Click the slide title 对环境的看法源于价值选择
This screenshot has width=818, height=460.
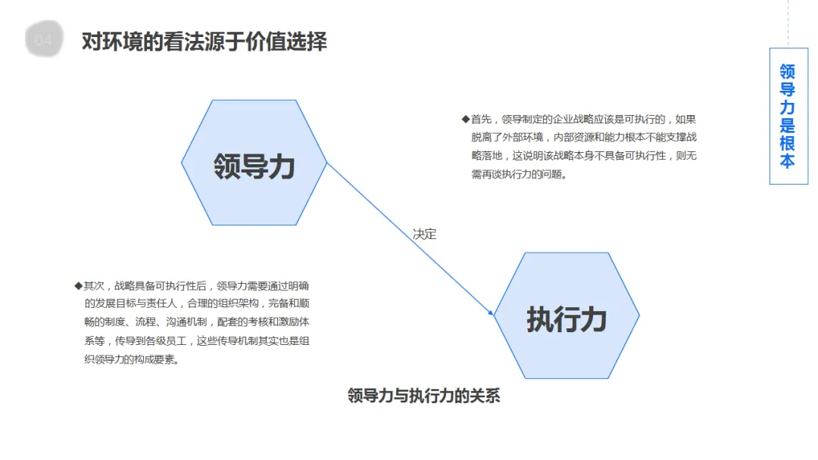pyautogui.click(x=204, y=41)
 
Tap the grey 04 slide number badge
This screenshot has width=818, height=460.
pyautogui.click(x=44, y=40)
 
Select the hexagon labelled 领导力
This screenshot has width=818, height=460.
pyautogui.click(x=254, y=163)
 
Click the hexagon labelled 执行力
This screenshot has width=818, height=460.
pyautogui.click(x=567, y=316)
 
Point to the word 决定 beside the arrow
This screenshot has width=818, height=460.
pyautogui.click(x=424, y=234)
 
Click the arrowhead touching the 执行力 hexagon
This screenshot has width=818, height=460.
pyautogui.click(x=492, y=312)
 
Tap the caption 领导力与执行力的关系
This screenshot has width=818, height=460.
pyautogui.click(x=423, y=396)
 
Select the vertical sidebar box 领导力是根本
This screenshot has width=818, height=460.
pyautogui.click(x=788, y=116)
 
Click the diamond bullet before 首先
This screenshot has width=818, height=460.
pyautogui.click(x=465, y=119)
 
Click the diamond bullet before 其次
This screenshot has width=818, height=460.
pyautogui.click(x=78, y=285)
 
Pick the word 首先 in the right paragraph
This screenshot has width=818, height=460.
pyautogui.click(x=480, y=119)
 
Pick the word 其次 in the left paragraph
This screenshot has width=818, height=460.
pyautogui.click(x=93, y=286)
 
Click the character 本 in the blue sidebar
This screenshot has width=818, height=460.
pyautogui.click(x=788, y=162)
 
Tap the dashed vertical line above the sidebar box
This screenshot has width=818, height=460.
pyautogui.click(x=788, y=23)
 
